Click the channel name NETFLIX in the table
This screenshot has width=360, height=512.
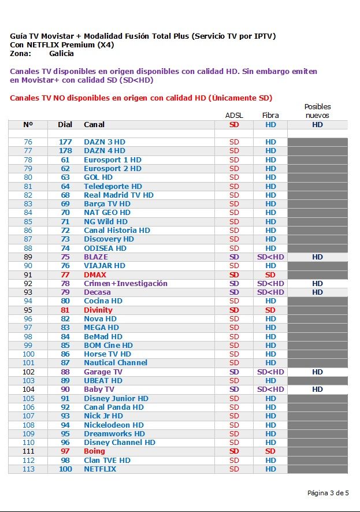tap(100, 469)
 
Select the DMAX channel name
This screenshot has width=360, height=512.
tap(95, 275)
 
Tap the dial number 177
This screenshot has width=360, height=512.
tap(65, 142)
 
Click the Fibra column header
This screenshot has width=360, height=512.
tap(270, 116)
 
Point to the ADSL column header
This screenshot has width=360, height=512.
tap(234, 116)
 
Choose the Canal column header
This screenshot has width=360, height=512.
tap(94, 125)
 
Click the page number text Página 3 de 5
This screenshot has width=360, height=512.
tap(328, 493)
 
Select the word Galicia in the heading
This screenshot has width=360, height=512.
tap(61, 54)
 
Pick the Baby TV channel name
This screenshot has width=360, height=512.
tap(99, 389)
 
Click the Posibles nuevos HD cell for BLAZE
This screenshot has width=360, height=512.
tap(317, 257)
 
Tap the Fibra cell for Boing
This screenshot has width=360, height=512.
tap(270, 451)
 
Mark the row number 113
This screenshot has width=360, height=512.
tap(28, 469)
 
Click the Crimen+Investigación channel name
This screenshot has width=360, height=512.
tap(125, 284)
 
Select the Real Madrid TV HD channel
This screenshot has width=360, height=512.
tap(118, 195)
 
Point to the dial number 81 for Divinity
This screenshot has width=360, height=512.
tap(65, 310)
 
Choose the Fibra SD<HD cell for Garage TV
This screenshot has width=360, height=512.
tap(270, 372)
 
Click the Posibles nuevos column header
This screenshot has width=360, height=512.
tap(317, 111)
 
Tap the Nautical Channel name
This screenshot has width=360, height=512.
tap(116, 363)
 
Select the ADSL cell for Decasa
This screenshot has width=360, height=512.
tap(234, 292)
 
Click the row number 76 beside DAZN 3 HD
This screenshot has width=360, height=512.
tap(28, 142)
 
